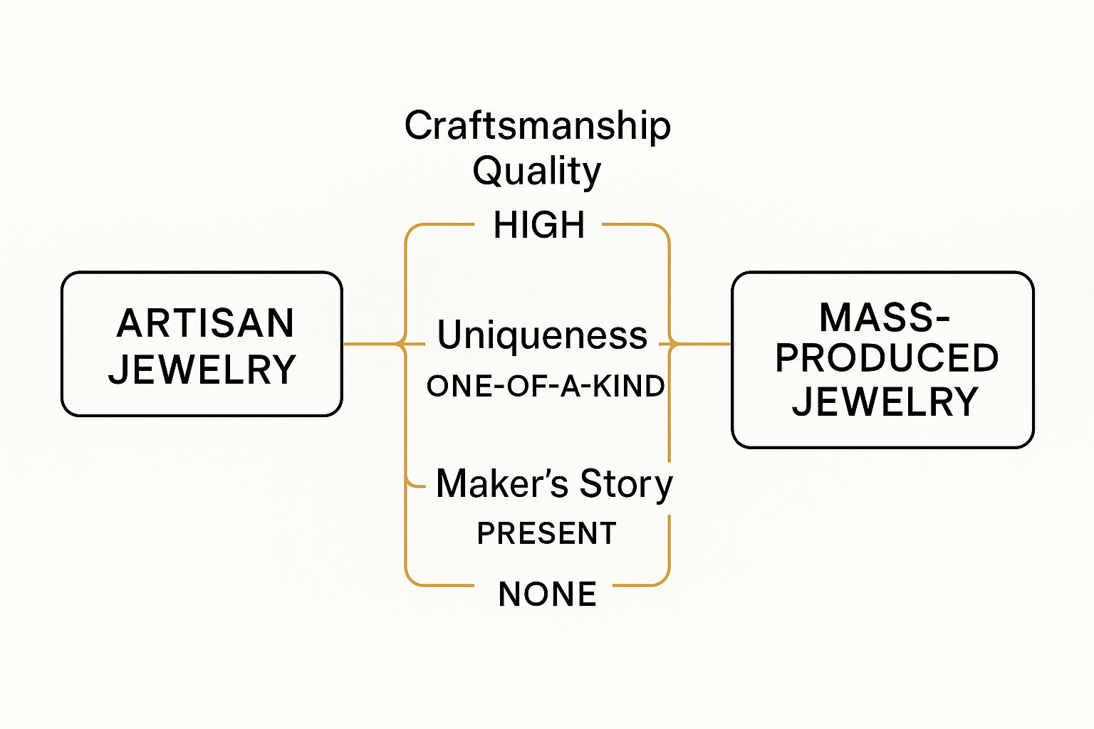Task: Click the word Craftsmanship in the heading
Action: [538, 126]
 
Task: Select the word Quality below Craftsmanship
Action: [537, 172]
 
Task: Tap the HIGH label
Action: [539, 225]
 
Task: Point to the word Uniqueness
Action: [542, 335]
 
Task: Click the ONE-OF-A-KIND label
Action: [546, 387]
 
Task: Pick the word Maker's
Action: [502, 484]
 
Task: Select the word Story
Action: [626, 484]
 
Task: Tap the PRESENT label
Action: [546, 533]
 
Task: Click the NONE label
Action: [547, 594]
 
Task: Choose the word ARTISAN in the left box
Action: [205, 323]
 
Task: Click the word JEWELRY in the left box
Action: [202, 369]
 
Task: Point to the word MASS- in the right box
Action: [884, 318]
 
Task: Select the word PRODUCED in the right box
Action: [887, 358]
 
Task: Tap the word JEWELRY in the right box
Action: [885, 402]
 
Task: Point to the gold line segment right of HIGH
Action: [630, 225]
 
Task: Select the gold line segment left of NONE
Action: [442, 585]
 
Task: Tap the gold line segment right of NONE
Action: [637, 585]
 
